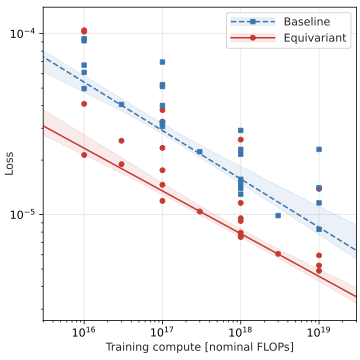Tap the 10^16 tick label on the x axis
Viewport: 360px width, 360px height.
point(84,328)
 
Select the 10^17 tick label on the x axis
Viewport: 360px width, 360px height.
point(162,328)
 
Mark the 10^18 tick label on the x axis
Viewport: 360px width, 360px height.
point(240,328)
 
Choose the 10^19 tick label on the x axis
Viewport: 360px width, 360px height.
point(318,328)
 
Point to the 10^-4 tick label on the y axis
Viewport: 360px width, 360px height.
point(23,33)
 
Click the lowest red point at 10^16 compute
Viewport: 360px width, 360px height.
point(84,154)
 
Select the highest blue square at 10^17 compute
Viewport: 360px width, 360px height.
point(162,62)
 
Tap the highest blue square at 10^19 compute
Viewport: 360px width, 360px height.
point(319,149)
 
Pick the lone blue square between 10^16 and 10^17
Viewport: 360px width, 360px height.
point(122,104)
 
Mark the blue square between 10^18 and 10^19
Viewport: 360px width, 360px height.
point(278,215)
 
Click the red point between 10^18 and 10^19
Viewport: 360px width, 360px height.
point(278,254)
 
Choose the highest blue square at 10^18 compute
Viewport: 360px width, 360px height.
point(240,130)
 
